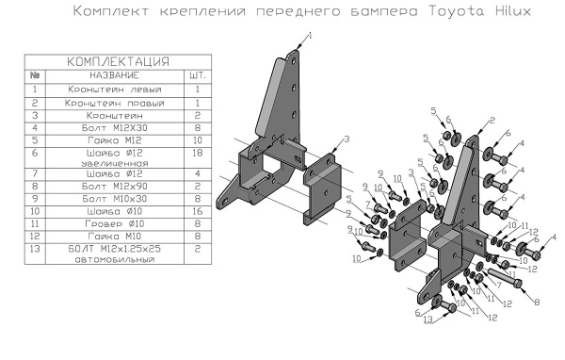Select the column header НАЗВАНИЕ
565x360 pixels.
point(115,74)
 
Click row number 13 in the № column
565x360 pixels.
point(35,249)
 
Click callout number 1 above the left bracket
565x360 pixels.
point(310,35)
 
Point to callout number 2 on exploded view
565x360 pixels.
point(492,122)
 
